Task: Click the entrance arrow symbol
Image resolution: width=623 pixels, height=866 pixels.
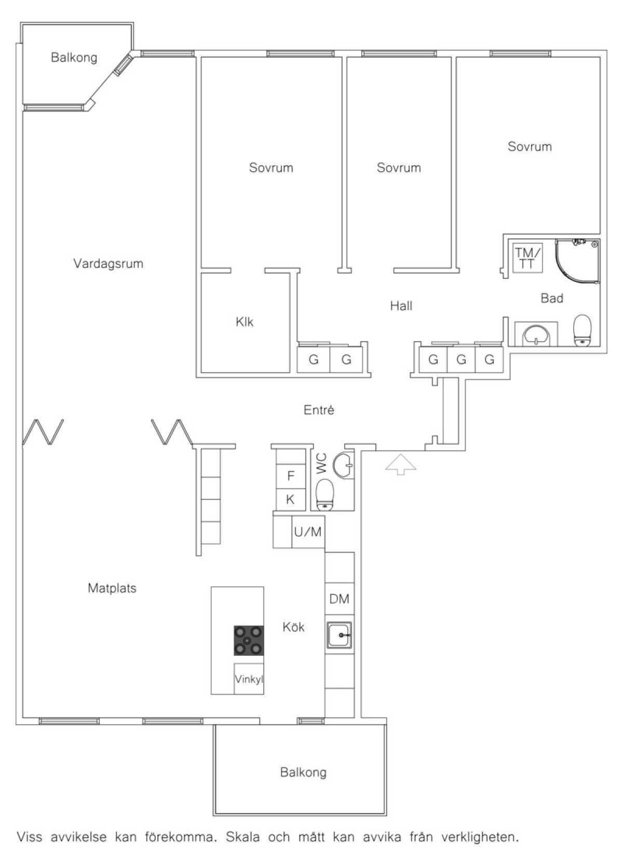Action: click(x=401, y=464)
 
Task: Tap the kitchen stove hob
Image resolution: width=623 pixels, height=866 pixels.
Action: click(x=249, y=640)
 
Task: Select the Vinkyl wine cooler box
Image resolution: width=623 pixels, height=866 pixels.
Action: click(x=249, y=679)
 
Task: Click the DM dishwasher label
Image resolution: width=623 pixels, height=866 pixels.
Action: click(x=340, y=599)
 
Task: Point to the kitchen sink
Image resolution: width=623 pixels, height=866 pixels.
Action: click(x=340, y=635)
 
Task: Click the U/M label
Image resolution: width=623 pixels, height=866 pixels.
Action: click(x=308, y=532)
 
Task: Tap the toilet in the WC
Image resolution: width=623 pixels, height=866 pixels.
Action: click(x=324, y=494)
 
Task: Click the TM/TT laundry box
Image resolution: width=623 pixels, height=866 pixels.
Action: click(x=528, y=258)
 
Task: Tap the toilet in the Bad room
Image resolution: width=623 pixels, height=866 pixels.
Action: click(x=583, y=330)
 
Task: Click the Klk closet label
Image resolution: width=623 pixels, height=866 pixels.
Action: click(x=245, y=322)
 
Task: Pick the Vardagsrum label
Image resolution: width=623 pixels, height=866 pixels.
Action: click(x=108, y=264)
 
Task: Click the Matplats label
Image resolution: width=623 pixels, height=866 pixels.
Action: click(x=112, y=588)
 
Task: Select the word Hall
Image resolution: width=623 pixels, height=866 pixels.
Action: click(x=401, y=306)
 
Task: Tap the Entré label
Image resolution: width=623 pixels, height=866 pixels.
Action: click(x=319, y=410)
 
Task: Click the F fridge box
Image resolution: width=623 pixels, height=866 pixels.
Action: click(x=291, y=476)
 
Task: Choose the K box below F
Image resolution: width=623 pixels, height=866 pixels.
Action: click(x=291, y=499)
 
